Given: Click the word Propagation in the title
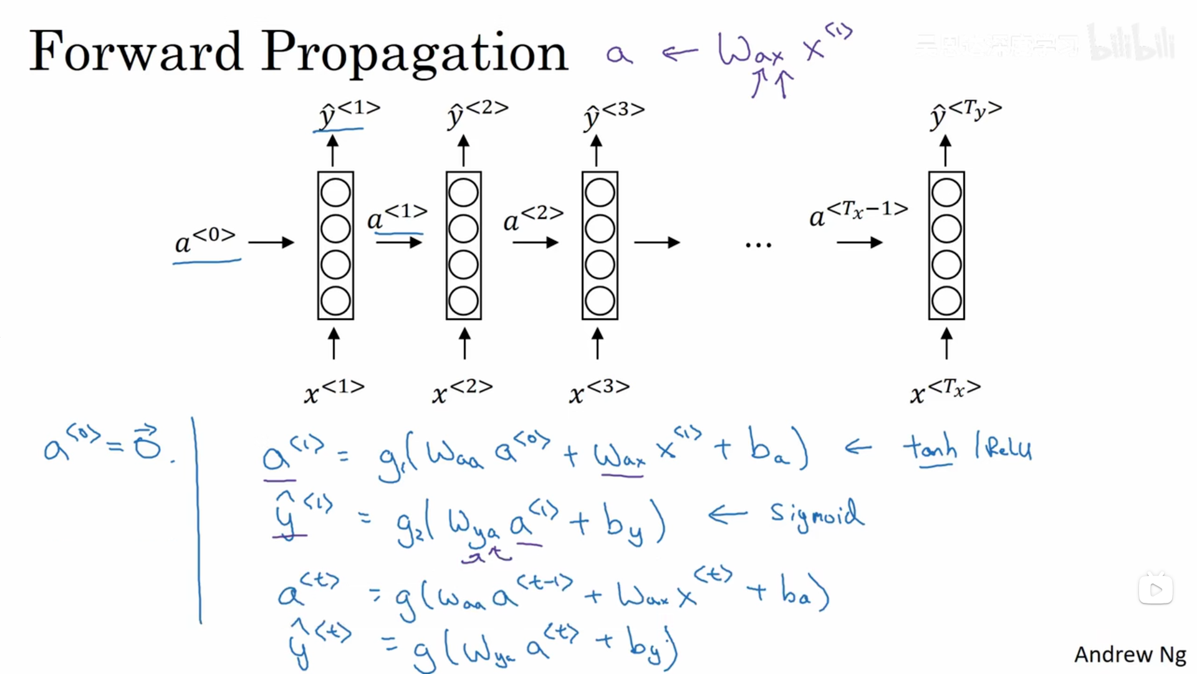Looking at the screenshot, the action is [x=414, y=54].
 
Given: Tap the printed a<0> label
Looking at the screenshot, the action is [x=204, y=240].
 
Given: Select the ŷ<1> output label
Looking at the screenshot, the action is [x=349, y=113].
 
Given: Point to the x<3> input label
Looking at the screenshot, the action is [x=599, y=391].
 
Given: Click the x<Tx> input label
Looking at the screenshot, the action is [x=945, y=391].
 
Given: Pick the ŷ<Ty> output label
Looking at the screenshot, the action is [x=966, y=113].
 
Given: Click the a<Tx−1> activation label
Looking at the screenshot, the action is [x=858, y=213].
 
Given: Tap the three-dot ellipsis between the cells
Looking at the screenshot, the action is [x=758, y=245].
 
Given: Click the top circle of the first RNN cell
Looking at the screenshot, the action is [x=335, y=193].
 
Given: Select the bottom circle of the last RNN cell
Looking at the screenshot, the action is [x=946, y=301].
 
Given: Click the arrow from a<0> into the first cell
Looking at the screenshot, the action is [x=271, y=242].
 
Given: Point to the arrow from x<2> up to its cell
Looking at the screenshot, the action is [x=464, y=344].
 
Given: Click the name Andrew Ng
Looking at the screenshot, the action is [x=1130, y=655].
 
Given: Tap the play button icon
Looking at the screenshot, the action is [x=1156, y=590].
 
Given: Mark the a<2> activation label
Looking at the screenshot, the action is [x=533, y=218].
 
